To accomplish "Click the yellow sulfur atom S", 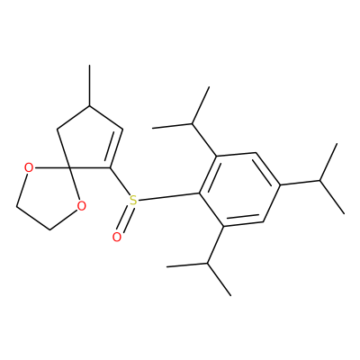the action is [x=133, y=200].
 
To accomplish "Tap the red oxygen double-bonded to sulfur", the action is [x=117, y=237].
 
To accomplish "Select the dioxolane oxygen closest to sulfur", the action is [x=81, y=206].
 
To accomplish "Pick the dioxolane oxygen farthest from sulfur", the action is [x=29, y=167].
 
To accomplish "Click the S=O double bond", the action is [x=125, y=219].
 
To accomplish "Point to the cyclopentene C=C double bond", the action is [x=117, y=148].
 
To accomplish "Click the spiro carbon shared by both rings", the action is [x=68, y=166].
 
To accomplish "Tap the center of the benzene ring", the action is [x=239, y=188].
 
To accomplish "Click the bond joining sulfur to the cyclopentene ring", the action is [x=120, y=181].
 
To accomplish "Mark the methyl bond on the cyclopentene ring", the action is [x=89, y=85].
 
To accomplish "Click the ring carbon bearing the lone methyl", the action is [x=89, y=106].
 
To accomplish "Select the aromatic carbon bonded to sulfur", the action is [x=200, y=193].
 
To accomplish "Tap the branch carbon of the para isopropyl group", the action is [x=319, y=181].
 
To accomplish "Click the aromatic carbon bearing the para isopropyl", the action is [x=280, y=184].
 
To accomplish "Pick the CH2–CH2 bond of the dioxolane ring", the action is [x=33, y=218].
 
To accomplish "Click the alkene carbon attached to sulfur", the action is [x=110, y=167].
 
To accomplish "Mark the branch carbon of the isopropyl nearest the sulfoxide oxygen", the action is [x=207, y=263].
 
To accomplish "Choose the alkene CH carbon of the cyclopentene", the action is [x=122, y=130].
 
